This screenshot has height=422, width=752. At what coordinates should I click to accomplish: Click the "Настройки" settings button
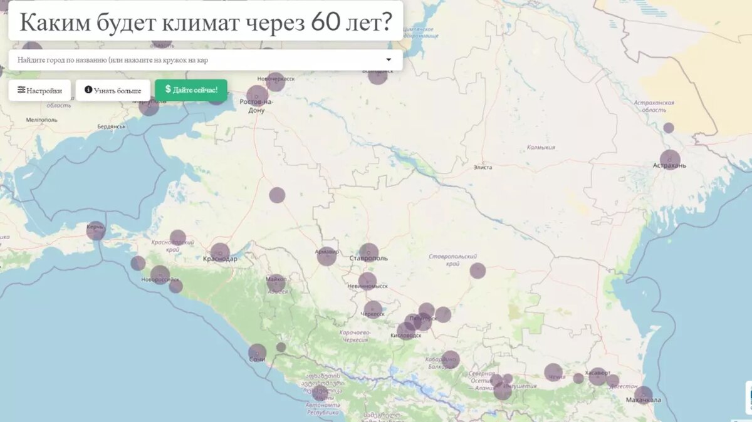click(x=39, y=90)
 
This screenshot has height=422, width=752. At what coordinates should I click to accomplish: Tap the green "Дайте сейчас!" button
click(x=191, y=90)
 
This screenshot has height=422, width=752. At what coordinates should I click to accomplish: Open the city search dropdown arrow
click(x=389, y=60)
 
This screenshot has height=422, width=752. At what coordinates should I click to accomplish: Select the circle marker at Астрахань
click(x=670, y=160)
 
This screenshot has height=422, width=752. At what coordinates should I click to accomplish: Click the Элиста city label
click(x=483, y=167)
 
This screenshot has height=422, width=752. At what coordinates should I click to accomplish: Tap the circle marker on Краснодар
click(x=220, y=252)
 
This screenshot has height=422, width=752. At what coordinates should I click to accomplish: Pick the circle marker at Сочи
click(x=257, y=353)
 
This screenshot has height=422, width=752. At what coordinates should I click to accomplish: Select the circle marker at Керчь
click(x=96, y=231)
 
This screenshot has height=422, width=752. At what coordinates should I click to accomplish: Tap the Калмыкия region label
click(x=541, y=148)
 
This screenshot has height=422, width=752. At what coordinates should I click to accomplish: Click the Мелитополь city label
click(x=42, y=120)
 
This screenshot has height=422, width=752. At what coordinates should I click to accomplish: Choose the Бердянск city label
click(x=112, y=126)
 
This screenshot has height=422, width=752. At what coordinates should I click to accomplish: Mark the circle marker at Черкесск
click(x=373, y=309)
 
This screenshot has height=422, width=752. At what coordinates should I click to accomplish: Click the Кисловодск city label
click(x=405, y=336)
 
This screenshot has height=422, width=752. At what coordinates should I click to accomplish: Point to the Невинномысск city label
click(x=367, y=286)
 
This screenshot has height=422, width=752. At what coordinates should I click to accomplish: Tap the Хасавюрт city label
click(x=597, y=373)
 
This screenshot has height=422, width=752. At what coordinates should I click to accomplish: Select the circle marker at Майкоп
click(x=276, y=283)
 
